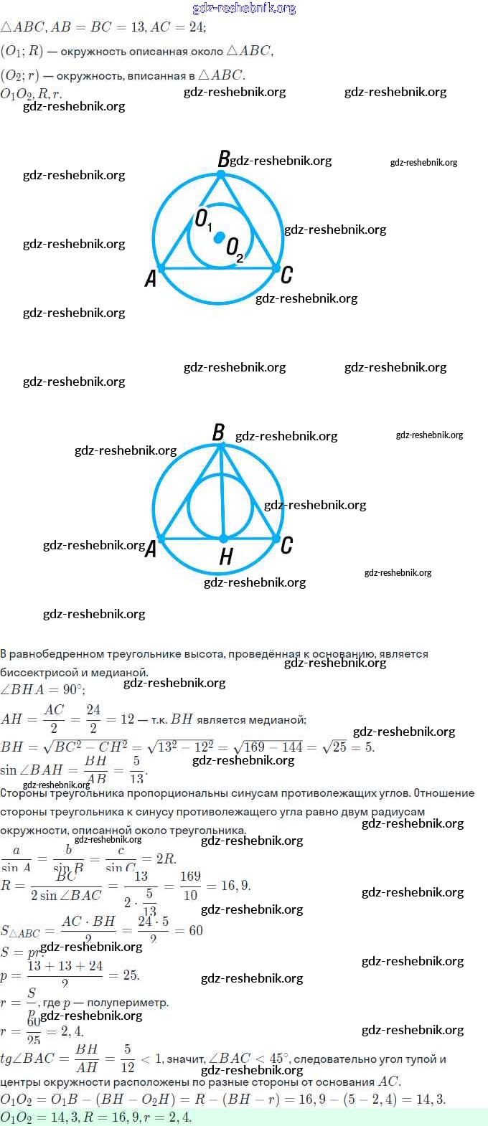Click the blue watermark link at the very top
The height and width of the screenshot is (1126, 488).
point(244,8)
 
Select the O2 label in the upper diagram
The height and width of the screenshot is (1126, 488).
point(235,249)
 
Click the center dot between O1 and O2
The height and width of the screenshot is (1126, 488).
point(220,236)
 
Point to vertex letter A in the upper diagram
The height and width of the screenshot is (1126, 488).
point(150,279)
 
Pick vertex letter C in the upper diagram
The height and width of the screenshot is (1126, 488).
point(286,275)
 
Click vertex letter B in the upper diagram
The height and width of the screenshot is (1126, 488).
point(223,159)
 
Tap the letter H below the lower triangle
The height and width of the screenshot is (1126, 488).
point(226,557)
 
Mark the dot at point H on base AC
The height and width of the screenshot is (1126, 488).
point(224,538)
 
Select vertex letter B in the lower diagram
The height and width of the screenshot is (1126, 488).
point(218,432)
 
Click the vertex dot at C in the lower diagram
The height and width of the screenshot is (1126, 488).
point(277,538)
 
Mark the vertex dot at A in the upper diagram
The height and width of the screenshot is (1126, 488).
point(161,268)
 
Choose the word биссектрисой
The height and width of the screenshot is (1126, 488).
point(37,673)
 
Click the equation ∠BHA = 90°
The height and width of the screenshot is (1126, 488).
point(42,690)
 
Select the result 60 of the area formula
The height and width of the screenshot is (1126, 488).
point(196,931)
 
